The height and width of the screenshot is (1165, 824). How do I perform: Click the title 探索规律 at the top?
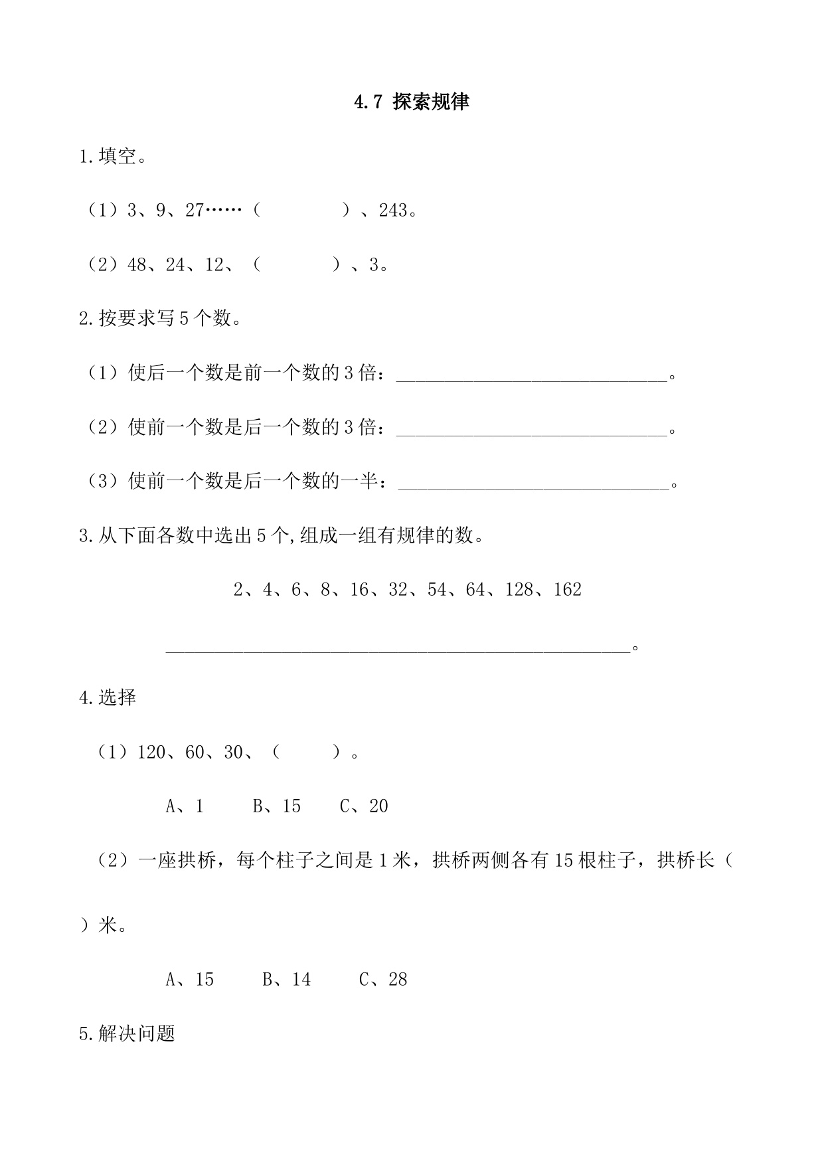point(431,102)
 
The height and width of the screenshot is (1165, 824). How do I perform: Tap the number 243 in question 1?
point(393,211)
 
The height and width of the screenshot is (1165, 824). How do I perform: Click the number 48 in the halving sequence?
point(137,265)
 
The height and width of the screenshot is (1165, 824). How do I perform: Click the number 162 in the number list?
point(567,590)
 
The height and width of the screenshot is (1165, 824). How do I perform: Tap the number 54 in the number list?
point(437,590)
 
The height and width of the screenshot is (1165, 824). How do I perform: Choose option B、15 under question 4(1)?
point(277,806)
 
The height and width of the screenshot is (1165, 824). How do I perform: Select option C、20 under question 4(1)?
point(364,806)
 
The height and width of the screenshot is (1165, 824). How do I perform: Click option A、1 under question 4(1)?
point(185,806)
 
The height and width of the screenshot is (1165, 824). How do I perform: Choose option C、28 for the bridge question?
point(383,980)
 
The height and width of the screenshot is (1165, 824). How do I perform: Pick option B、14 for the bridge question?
point(287,980)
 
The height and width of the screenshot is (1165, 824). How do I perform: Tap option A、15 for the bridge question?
point(190,980)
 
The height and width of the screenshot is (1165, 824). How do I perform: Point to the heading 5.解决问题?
point(127,1034)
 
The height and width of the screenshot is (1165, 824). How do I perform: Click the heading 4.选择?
point(108,698)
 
